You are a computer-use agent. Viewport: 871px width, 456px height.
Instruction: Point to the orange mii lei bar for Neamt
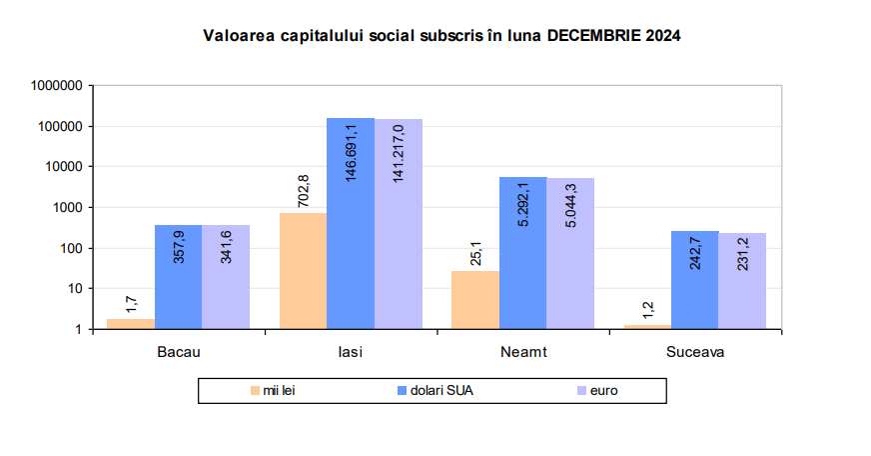click(x=474, y=300)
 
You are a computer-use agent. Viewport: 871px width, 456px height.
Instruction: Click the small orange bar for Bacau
click(x=131, y=323)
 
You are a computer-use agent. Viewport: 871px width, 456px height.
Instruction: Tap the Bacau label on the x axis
click(x=178, y=352)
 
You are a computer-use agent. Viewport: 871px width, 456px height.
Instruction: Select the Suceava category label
click(x=694, y=352)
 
